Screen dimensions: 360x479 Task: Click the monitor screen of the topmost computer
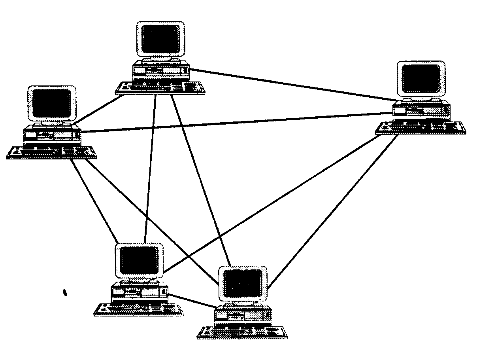(160, 39)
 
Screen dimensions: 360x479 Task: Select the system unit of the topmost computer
(160, 72)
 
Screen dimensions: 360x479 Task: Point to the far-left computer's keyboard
(51, 152)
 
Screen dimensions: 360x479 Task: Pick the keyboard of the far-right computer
(421, 128)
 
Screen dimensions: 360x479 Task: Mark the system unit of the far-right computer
(421, 111)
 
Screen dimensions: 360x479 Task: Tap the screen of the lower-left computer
(139, 260)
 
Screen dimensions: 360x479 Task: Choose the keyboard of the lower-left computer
(138, 309)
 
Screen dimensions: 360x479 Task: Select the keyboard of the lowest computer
(242, 332)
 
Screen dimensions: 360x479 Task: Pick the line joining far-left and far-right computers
(237, 122)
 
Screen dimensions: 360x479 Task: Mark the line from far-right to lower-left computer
(269, 207)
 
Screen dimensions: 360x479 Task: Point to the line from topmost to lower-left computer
(151, 166)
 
